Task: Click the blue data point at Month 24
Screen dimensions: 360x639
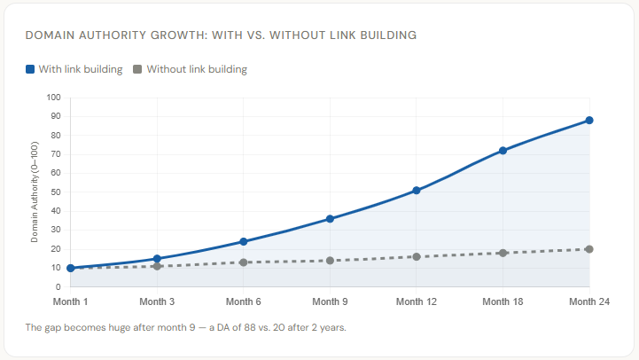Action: (589, 121)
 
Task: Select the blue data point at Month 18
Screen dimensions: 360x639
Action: (503, 151)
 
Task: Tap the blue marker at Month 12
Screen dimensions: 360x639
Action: (416, 191)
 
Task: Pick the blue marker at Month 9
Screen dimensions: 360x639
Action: (330, 219)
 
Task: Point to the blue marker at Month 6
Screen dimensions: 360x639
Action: (243, 241)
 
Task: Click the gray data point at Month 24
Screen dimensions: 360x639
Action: (589, 249)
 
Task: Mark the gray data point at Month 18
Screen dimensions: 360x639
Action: (503, 253)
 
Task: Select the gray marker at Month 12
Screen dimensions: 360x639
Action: (416, 256)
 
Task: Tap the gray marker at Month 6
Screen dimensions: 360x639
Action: (243, 262)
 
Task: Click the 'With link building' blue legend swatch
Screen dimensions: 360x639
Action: (31, 69)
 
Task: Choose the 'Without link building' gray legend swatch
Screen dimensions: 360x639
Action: (137, 69)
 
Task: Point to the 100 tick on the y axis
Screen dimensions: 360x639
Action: (53, 98)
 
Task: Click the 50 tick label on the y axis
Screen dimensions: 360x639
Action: (55, 192)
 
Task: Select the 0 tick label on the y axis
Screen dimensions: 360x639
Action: (58, 287)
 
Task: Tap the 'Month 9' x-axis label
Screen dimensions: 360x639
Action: (330, 301)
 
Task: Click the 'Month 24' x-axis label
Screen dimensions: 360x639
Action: (589, 301)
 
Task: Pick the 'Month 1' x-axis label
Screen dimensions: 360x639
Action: (70, 301)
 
